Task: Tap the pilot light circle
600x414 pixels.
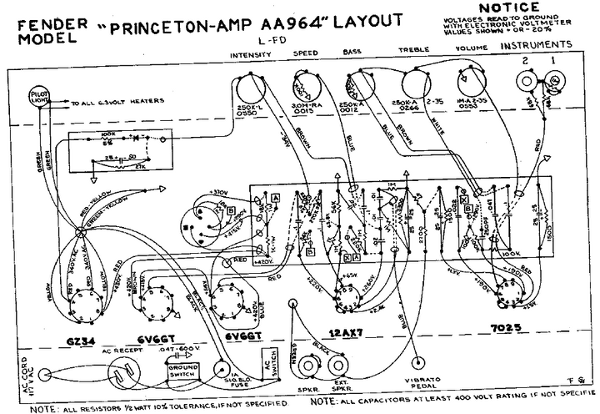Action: point(39,96)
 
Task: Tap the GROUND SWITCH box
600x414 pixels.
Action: point(182,370)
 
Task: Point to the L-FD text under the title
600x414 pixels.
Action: point(270,38)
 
